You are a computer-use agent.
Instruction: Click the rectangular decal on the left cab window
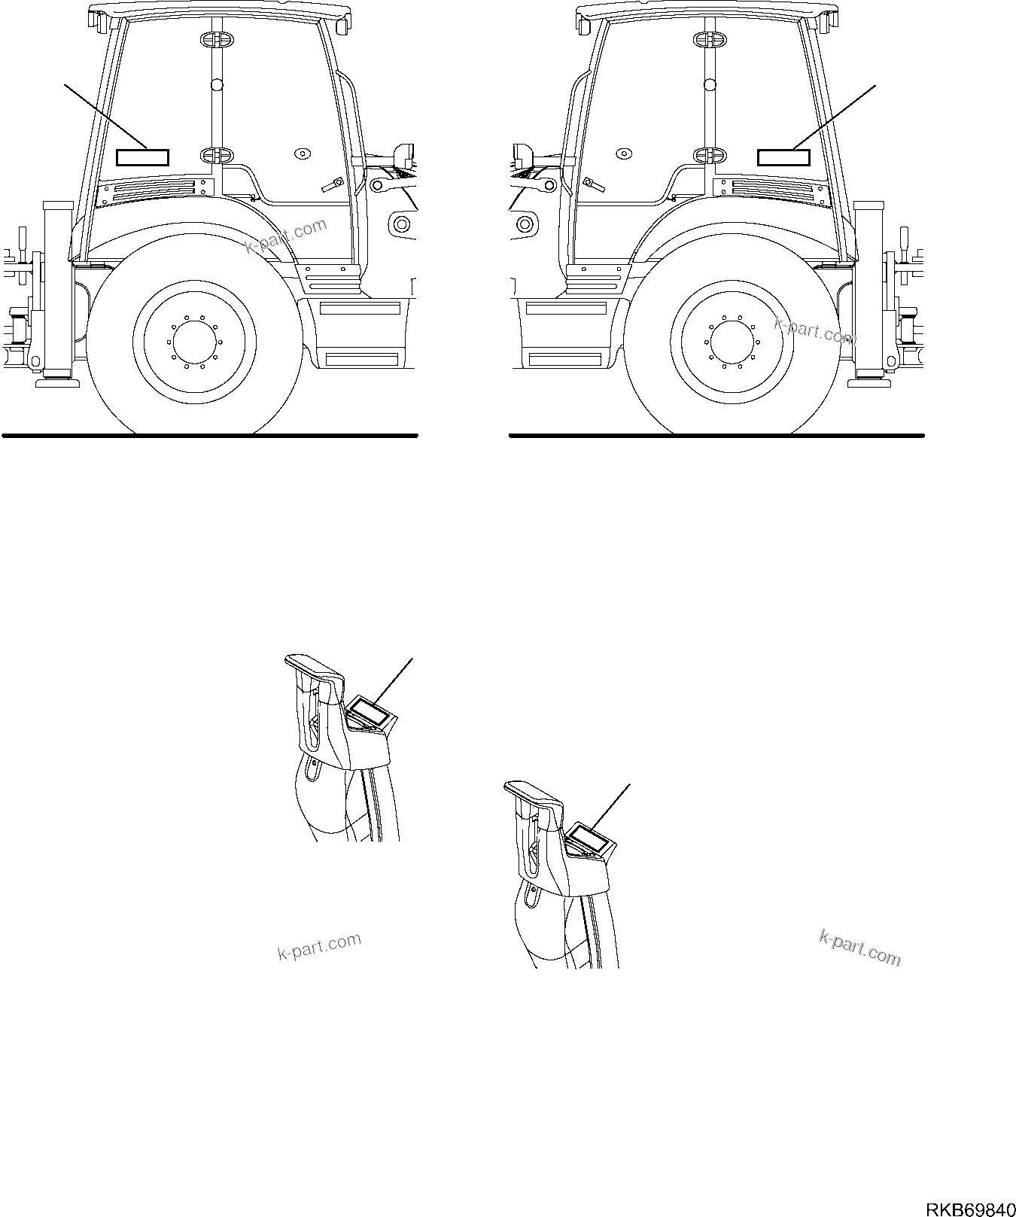coord(143,157)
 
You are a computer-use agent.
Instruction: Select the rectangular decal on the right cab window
coord(783,157)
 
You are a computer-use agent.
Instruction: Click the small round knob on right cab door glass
coord(623,154)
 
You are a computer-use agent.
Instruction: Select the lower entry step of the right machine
coord(566,358)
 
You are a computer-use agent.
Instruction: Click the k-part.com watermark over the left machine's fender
coord(286,236)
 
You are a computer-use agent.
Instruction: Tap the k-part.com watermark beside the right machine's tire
coord(815,330)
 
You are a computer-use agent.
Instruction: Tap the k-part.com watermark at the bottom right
coord(859,947)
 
